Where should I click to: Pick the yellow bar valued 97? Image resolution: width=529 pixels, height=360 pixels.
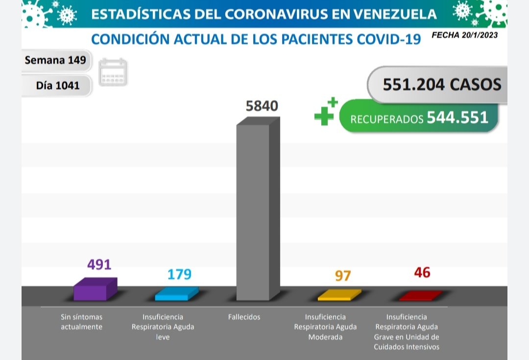tap(339, 295)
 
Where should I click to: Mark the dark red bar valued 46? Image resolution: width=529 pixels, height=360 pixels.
tap(420, 296)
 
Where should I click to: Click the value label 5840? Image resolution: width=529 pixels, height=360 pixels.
tap(262, 106)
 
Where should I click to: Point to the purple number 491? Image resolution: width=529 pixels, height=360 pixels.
tap(99, 264)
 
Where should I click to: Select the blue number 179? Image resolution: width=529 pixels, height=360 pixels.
tap(179, 274)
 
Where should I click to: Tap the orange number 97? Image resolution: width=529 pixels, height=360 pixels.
tap(343, 276)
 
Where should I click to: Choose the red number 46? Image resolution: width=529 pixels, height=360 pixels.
tap(422, 272)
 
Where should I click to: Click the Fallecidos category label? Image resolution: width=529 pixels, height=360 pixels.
tap(244, 317)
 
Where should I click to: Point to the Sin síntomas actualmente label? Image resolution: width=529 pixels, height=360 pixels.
tap(81, 322)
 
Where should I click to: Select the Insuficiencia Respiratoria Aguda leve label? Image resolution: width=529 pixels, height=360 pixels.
tap(163, 327)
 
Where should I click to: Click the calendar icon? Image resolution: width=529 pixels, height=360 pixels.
tap(113, 72)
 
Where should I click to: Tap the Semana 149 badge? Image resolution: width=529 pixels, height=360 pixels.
tap(55, 60)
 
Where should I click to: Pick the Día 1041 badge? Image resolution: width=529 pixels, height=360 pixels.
tap(57, 85)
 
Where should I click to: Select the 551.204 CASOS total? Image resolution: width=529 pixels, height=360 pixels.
tap(442, 84)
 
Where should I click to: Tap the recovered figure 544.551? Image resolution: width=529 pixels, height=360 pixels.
tap(457, 118)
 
